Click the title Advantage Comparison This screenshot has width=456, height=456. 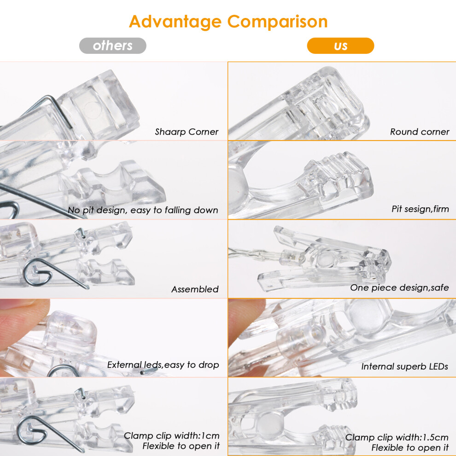228,22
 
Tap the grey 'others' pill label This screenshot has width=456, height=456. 113,46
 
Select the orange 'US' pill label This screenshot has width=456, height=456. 340,46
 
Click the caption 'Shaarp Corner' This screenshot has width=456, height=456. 187,132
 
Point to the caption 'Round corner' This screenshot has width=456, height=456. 420,132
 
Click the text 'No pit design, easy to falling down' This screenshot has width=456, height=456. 143,210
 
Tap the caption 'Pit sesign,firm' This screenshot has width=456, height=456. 420,209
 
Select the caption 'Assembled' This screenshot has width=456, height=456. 195,289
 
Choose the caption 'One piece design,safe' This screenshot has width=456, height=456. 399,287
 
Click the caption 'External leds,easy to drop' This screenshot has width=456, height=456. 163,365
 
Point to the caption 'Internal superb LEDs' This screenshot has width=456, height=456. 404,367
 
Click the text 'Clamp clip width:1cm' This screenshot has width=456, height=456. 172,436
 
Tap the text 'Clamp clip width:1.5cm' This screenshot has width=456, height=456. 397,438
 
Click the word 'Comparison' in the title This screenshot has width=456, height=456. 277,22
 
